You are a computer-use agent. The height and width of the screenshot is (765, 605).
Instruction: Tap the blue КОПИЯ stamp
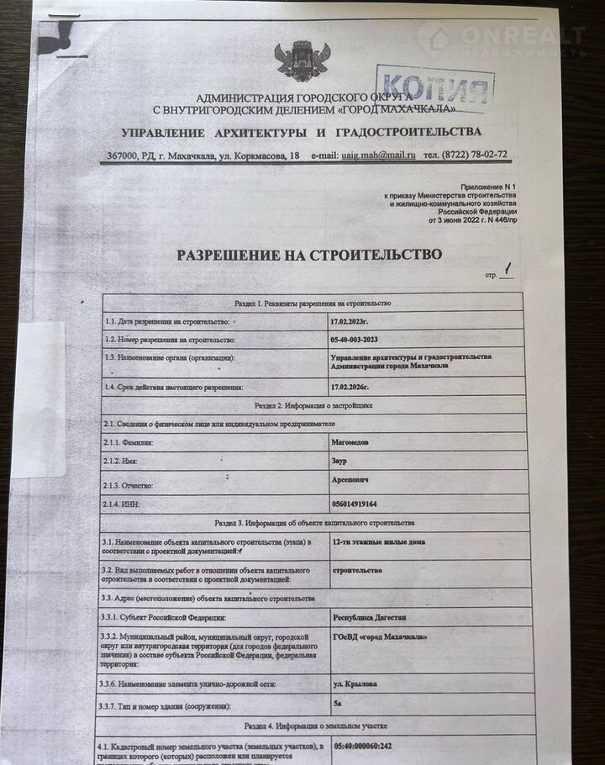435,86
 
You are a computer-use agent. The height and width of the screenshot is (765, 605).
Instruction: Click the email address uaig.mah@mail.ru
378,156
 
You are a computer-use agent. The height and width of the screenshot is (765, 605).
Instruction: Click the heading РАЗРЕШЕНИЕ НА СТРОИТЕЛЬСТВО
308,255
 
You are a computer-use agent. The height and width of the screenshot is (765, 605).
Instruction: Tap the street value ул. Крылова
355,683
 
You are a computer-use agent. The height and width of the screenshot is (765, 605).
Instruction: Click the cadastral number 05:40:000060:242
374,745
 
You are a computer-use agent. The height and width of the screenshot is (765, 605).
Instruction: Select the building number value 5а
338,704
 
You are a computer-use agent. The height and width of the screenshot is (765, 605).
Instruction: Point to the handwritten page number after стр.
508,271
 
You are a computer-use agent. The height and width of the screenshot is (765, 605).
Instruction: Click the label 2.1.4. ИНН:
127,504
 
